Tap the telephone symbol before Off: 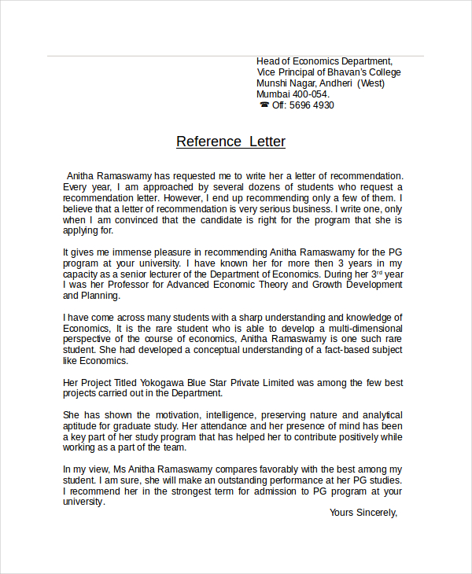coord(264,105)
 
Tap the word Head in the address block coord(269,61)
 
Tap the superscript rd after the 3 coord(378,271)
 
